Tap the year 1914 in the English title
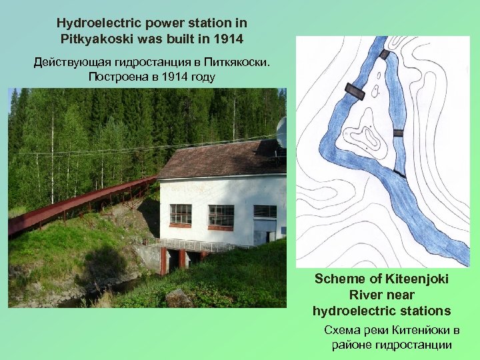click(230, 38)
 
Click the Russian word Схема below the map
click(341, 331)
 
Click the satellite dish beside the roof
click(283, 131)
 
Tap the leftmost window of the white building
click(180, 214)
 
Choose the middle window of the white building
click(221, 215)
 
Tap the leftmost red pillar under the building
click(163, 261)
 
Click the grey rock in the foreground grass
click(178, 298)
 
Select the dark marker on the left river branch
click(355, 91)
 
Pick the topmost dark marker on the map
click(384, 51)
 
